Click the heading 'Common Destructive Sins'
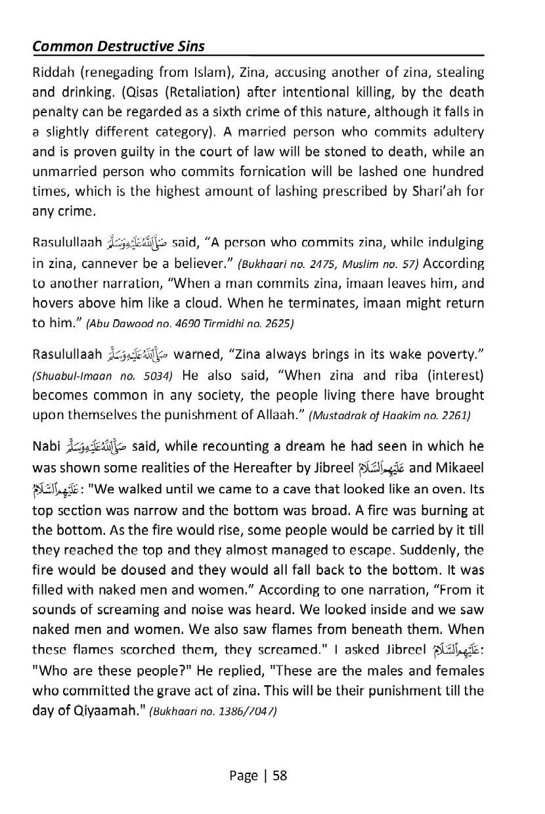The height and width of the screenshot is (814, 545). coord(118,47)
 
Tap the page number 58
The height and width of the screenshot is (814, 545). coord(280,775)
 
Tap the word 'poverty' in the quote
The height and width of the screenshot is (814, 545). coord(452,356)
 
